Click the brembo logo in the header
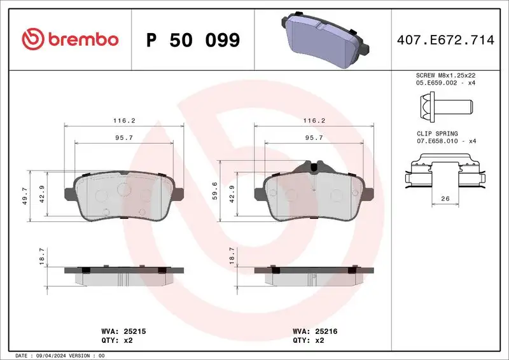coord(70,39)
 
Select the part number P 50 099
coord(193,40)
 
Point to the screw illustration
coord(443,104)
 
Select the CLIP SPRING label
coord(433,134)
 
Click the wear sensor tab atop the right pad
coord(314,167)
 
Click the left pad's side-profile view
coord(123,273)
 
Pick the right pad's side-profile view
coord(314,273)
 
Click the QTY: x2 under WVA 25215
coord(117,341)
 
